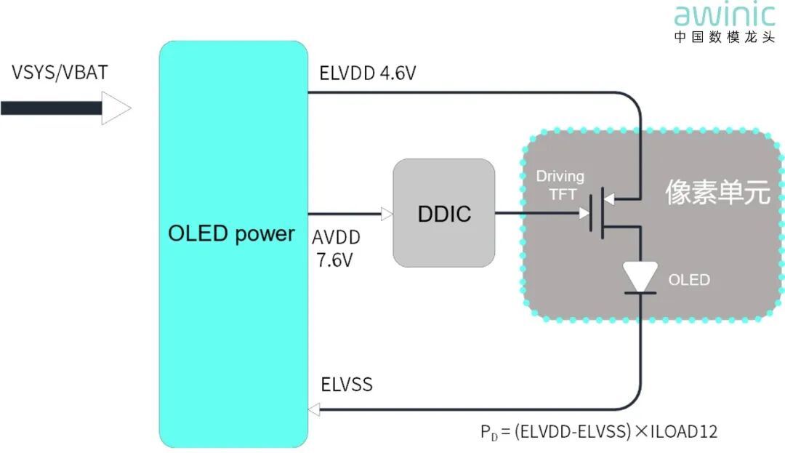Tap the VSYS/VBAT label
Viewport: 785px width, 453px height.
click(60, 73)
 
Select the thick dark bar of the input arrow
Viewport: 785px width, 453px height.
click(51, 108)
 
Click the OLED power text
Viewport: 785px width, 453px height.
click(231, 233)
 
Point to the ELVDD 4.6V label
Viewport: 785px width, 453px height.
click(368, 73)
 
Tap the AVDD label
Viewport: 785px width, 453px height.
click(336, 237)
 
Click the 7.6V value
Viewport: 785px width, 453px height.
click(334, 260)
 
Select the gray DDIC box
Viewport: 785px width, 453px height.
click(444, 213)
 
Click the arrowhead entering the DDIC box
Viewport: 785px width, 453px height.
click(387, 214)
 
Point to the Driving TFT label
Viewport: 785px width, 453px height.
click(560, 185)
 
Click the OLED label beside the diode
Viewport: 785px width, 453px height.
click(689, 279)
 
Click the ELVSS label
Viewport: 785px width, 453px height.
click(347, 385)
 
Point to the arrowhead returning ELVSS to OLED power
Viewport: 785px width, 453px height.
click(314, 409)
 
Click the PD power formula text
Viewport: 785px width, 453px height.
click(599, 431)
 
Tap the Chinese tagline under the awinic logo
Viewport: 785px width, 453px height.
click(725, 36)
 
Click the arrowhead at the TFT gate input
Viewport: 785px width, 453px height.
click(584, 213)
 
